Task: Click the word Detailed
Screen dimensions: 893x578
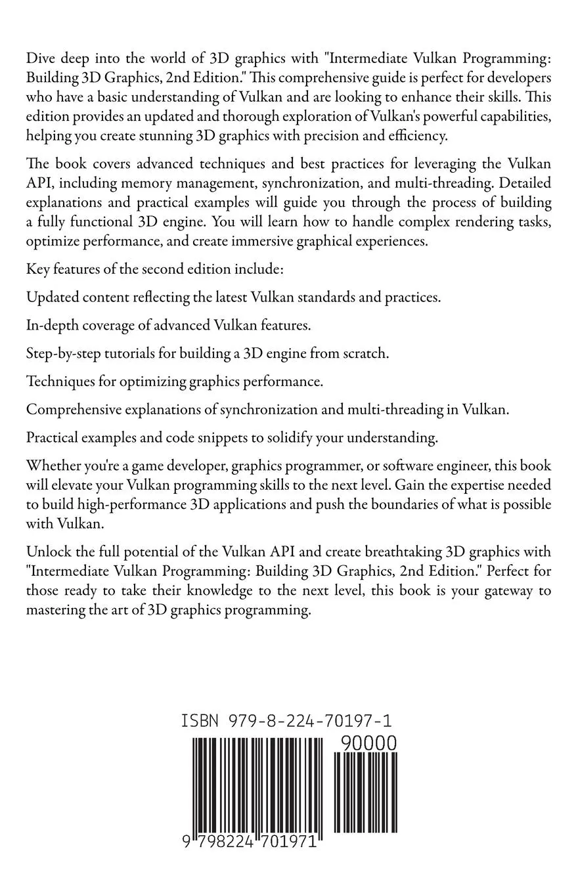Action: tap(523, 183)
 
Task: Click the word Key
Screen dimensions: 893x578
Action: tap(38, 269)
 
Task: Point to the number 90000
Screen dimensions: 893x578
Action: tap(368, 743)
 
